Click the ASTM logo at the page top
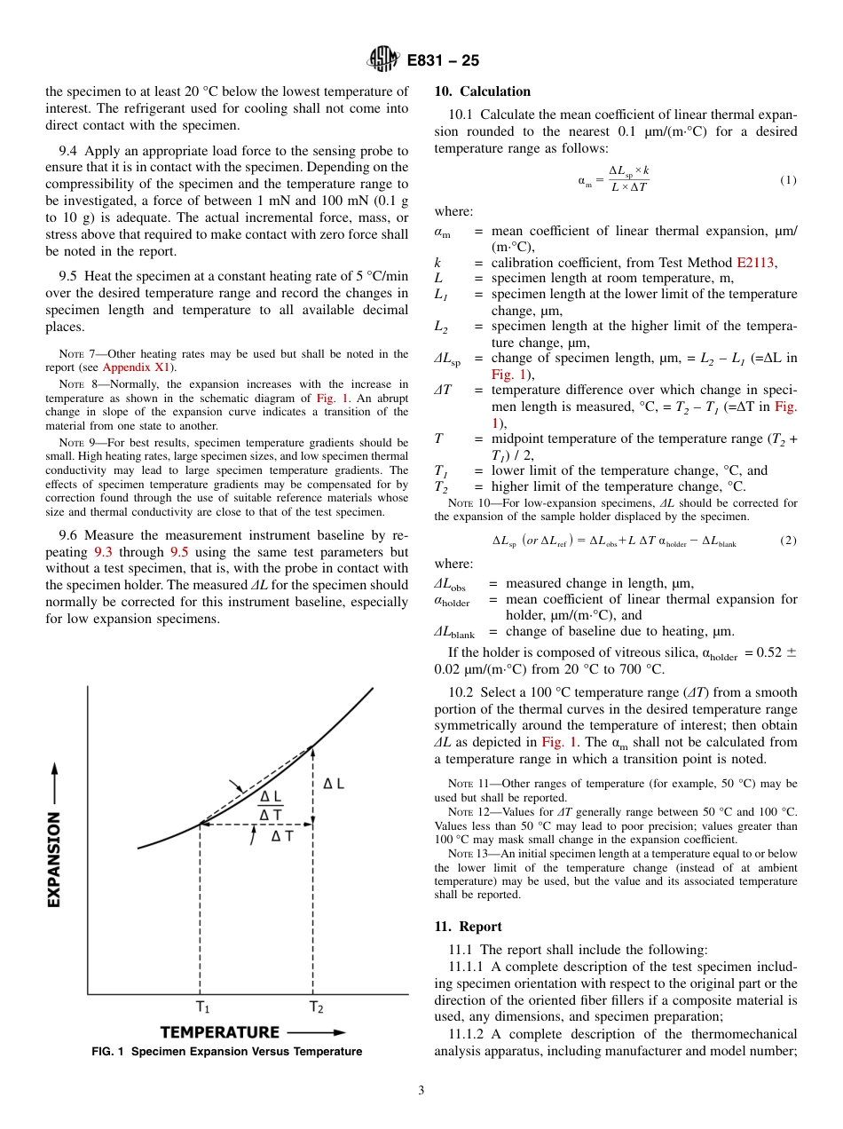[x=384, y=60]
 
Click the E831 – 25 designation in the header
[x=443, y=61]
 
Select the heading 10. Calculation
[x=482, y=91]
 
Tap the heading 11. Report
[x=468, y=927]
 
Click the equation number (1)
[x=788, y=180]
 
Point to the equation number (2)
[x=788, y=541]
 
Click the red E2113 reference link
[x=756, y=263]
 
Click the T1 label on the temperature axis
[x=203, y=1007]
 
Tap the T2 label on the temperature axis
[x=316, y=1007]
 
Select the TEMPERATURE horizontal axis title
[x=219, y=1032]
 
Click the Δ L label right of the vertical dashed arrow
[x=334, y=784]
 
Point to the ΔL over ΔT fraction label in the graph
[x=271, y=807]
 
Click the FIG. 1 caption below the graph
[x=226, y=1052]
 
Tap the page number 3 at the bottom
[x=421, y=1091]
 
